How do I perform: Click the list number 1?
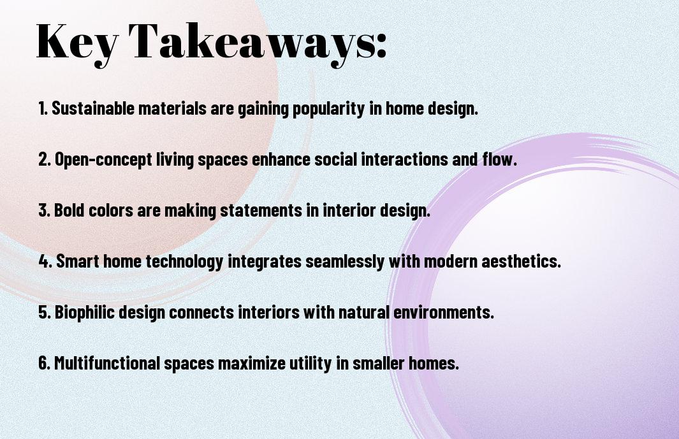[43, 108]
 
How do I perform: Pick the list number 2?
[44, 159]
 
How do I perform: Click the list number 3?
[44, 210]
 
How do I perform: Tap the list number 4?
[45, 261]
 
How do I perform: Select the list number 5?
[44, 312]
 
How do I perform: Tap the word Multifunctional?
[107, 363]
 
